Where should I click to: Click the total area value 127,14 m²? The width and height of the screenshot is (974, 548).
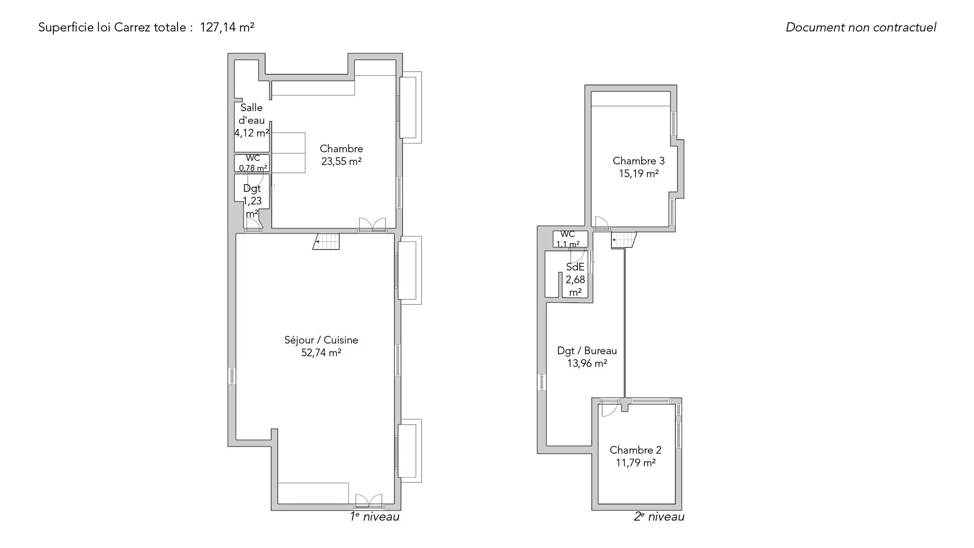click(x=227, y=27)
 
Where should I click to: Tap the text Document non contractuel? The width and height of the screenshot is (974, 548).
click(x=861, y=27)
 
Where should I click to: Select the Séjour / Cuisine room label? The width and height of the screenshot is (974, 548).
click(x=321, y=340)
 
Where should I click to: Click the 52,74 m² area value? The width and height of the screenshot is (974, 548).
click(x=321, y=353)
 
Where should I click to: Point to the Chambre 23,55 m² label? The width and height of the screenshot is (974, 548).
click(x=341, y=155)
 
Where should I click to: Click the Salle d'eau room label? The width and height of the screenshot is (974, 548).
click(x=252, y=114)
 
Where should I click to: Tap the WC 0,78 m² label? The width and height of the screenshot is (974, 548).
click(x=253, y=163)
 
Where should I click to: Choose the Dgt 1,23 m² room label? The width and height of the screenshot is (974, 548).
click(x=252, y=201)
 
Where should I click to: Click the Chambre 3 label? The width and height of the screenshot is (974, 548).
click(x=639, y=161)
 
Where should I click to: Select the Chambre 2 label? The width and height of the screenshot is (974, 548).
click(x=636, y=450)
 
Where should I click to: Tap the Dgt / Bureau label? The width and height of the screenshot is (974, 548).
click(x=587, y=351)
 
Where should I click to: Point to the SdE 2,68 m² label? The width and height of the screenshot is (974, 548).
click(x=575, y=280)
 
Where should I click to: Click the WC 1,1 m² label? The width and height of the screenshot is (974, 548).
click(x=568, y=239)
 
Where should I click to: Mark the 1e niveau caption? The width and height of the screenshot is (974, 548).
click(x=374, y=517)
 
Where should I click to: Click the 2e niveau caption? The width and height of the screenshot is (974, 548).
click(x=659, y=517)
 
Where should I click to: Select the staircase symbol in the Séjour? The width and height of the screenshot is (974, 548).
click(x=326, y=242)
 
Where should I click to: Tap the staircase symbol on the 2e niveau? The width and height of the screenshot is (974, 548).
click(x=623, y=240)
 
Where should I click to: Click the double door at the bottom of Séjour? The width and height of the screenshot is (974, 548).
click(x=368, y=501)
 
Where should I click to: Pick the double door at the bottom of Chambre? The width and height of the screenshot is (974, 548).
click(x=372, y=225)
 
